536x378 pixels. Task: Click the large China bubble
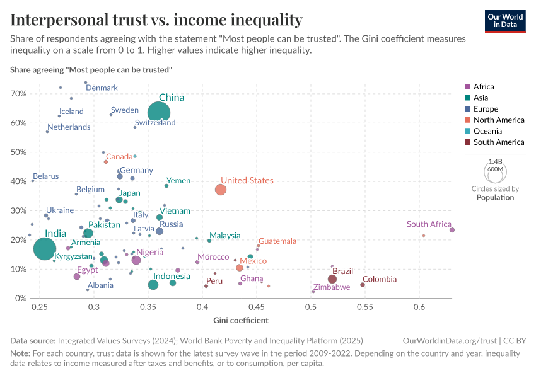[159, 113]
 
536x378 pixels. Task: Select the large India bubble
[44, 249]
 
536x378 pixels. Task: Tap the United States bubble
[221, 190]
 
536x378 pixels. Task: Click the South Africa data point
[452, 230]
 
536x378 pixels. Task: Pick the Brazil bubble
[332, 279]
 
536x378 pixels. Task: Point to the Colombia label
[380, 279]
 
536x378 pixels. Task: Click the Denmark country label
[102, 88]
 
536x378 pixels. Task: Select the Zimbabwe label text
[332, 287]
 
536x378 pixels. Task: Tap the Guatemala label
[277, 241]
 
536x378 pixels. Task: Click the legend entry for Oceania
[487, 131]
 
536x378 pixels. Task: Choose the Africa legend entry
[484, 87]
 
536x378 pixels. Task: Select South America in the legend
[498, 142]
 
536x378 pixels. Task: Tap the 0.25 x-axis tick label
[40, 307]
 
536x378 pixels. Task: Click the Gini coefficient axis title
[241, 320]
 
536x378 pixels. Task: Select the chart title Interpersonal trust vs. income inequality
[156, 20]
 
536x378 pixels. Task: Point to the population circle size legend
[495, 171]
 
